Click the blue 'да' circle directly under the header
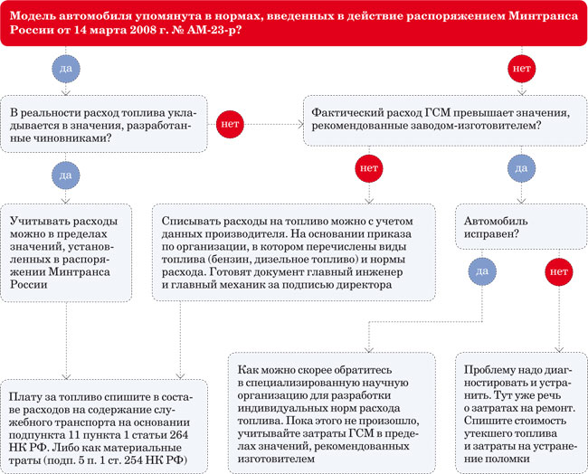tap(64, 69)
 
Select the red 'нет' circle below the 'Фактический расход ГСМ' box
tap(368, 168)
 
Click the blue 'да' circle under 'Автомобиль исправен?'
tap(482, 270)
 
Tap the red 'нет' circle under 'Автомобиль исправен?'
tap(558, 270)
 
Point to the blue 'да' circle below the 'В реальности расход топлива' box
tap(64, 172)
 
